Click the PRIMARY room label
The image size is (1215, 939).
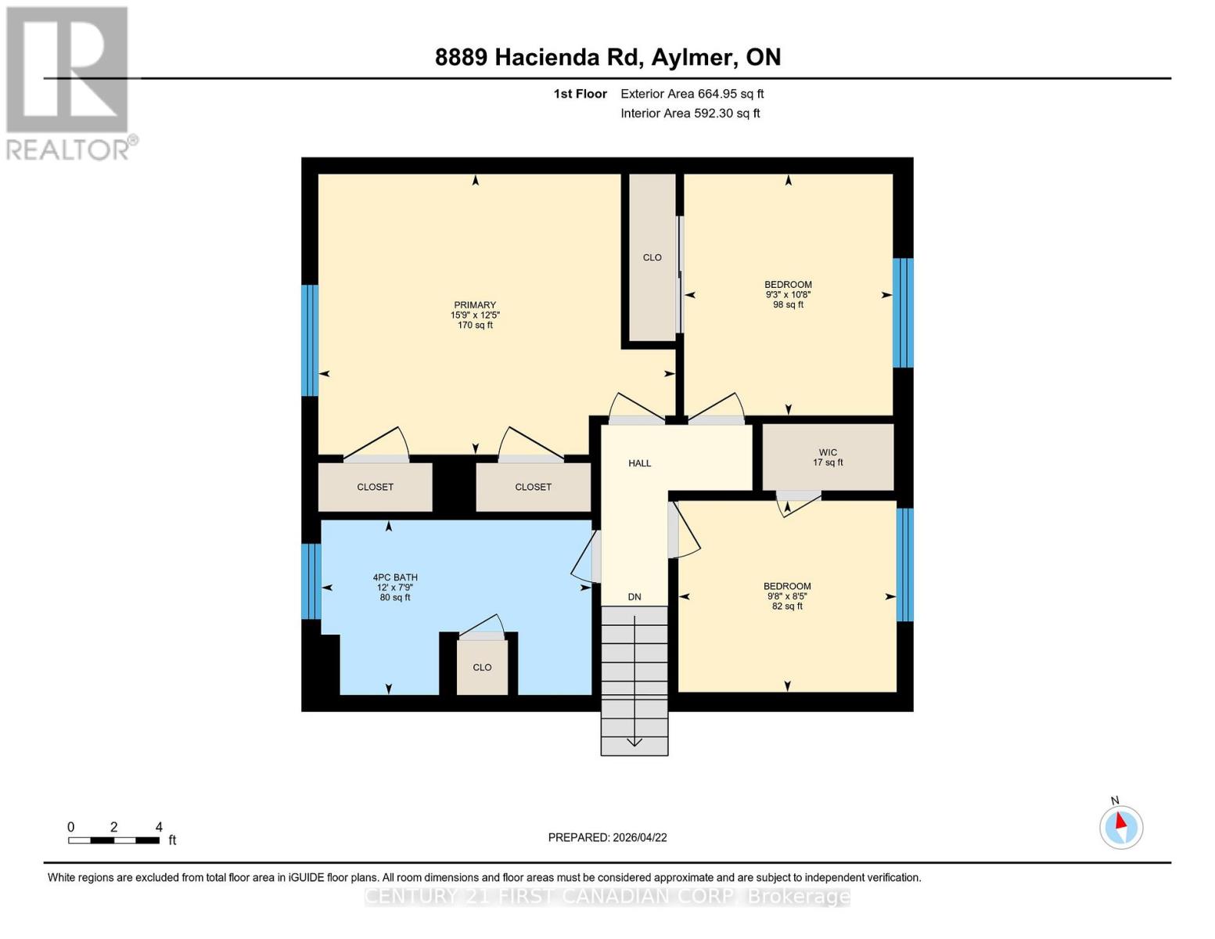tap(475, 305)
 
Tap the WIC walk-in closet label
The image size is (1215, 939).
tap(828, 452)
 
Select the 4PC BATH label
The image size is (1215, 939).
tap(395, 577)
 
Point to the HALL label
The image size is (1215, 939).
tap(639, 463)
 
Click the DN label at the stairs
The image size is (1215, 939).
tap(634, 597)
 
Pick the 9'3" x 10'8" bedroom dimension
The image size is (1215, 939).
tap(788, 295)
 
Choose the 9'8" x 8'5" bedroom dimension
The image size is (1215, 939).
tap(787, 596)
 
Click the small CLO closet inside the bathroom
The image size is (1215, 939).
tap(482, 667)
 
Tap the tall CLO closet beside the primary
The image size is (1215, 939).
tap(652, 257)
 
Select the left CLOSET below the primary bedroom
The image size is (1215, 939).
tap(375, 487)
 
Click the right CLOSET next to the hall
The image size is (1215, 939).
tap(533, 487)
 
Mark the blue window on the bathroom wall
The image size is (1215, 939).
tap(311, 581)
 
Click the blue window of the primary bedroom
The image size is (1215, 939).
tap(310, 340)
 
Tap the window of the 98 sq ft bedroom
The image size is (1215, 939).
tap(903, 312)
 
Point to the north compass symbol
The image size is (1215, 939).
tap(1121, 826)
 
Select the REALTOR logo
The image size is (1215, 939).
tap(69, 82)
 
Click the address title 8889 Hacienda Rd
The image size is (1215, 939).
tap(607, 57)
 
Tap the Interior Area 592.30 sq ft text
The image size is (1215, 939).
tap(690, 113)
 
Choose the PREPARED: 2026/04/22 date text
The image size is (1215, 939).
tap(607, 837)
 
